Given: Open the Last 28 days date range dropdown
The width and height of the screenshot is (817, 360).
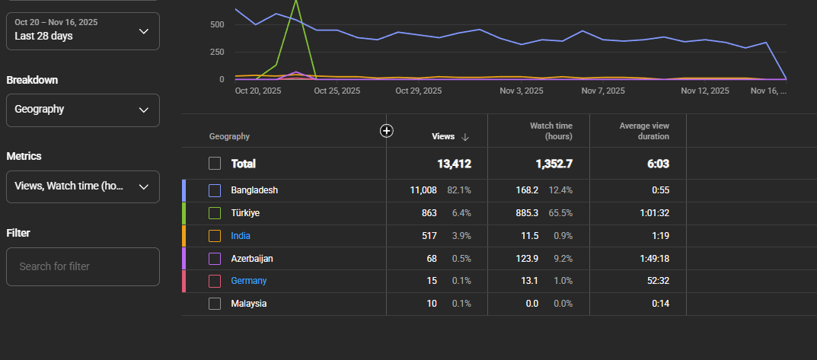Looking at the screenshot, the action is pyautogui.click(x=83, y=31).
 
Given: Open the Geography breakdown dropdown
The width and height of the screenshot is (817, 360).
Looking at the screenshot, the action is pyautogui.click(x=83, y=110).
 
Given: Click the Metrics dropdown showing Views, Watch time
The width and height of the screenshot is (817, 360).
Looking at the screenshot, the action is pyautogui.click(x=83, y=186).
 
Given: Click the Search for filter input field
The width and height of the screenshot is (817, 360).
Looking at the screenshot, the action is pyautogui.click(x=83, y=266).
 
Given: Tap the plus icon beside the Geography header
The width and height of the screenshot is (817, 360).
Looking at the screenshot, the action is pyautogui.click(x=386, y=131).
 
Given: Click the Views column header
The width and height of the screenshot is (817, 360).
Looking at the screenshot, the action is pyautogui.click(x=442, y=136).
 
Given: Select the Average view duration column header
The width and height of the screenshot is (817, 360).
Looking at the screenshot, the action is pyautogui.click(x=644, y=131).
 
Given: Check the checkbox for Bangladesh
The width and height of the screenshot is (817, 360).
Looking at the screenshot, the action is pyautogui.click(x=215, y=191).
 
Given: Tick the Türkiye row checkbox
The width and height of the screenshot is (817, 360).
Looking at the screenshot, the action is pyautogui.click(x=215, y=213).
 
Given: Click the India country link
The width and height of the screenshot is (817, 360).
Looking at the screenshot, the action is pyautogui.click(x=240, y=236).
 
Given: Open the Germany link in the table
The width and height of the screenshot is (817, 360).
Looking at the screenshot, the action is pyautogui.click(x=248, y=281).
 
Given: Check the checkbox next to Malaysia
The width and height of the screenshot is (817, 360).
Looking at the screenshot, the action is pyautogui.click(x=215, y=304).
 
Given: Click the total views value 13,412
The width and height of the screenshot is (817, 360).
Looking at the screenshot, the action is pyautogui.click(x=454, y=164).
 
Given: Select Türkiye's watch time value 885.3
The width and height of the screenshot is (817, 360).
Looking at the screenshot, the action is pyautogui.click(x=526, y=213).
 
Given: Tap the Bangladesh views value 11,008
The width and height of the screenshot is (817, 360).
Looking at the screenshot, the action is pyautogui.click(x=423, y=191).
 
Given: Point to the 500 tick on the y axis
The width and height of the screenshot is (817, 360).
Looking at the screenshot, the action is pyautogui.click(x=218, y=24).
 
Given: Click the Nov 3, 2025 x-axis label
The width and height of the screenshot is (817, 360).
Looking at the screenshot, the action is pyautogui.click(x=521, y=91).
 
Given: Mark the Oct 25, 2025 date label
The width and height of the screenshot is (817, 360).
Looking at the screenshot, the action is pyautogui.click(x=337, y=91).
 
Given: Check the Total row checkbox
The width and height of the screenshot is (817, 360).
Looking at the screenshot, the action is pyautogui.click(x=215, y=164).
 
